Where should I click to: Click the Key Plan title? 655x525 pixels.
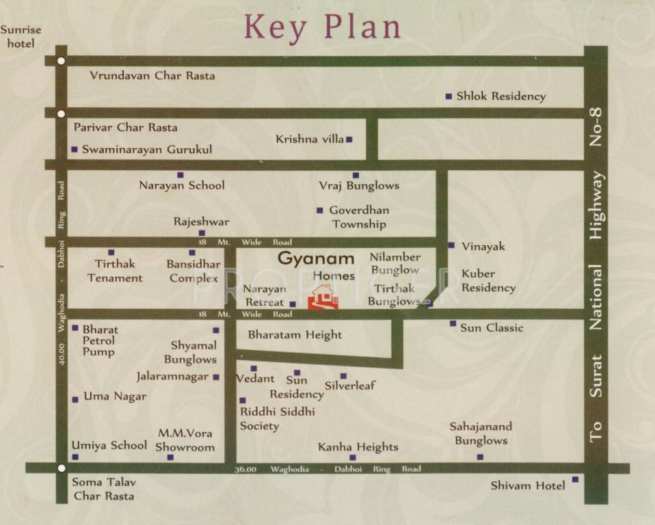322,27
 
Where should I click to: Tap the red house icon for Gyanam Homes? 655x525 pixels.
323,297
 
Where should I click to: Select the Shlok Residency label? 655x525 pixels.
500,96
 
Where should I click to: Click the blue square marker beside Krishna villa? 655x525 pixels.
349,139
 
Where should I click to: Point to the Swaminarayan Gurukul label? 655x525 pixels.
147,149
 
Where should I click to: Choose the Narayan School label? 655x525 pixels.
181,185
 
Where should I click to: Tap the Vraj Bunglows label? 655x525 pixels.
359,185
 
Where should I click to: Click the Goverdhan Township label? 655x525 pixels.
359,217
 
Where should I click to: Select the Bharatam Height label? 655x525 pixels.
295,335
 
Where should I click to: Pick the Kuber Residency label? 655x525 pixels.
488,281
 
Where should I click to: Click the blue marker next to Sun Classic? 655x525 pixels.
453,323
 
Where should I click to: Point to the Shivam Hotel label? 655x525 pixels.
528,485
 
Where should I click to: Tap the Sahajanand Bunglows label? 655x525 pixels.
481,433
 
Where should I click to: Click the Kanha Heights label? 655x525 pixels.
358,447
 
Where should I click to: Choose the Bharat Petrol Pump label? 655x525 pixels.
100,340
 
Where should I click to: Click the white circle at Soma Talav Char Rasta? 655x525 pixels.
62,468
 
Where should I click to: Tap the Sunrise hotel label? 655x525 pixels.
21,37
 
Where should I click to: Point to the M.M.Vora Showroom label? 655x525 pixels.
185,440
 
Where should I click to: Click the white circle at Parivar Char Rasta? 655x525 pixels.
62,113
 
